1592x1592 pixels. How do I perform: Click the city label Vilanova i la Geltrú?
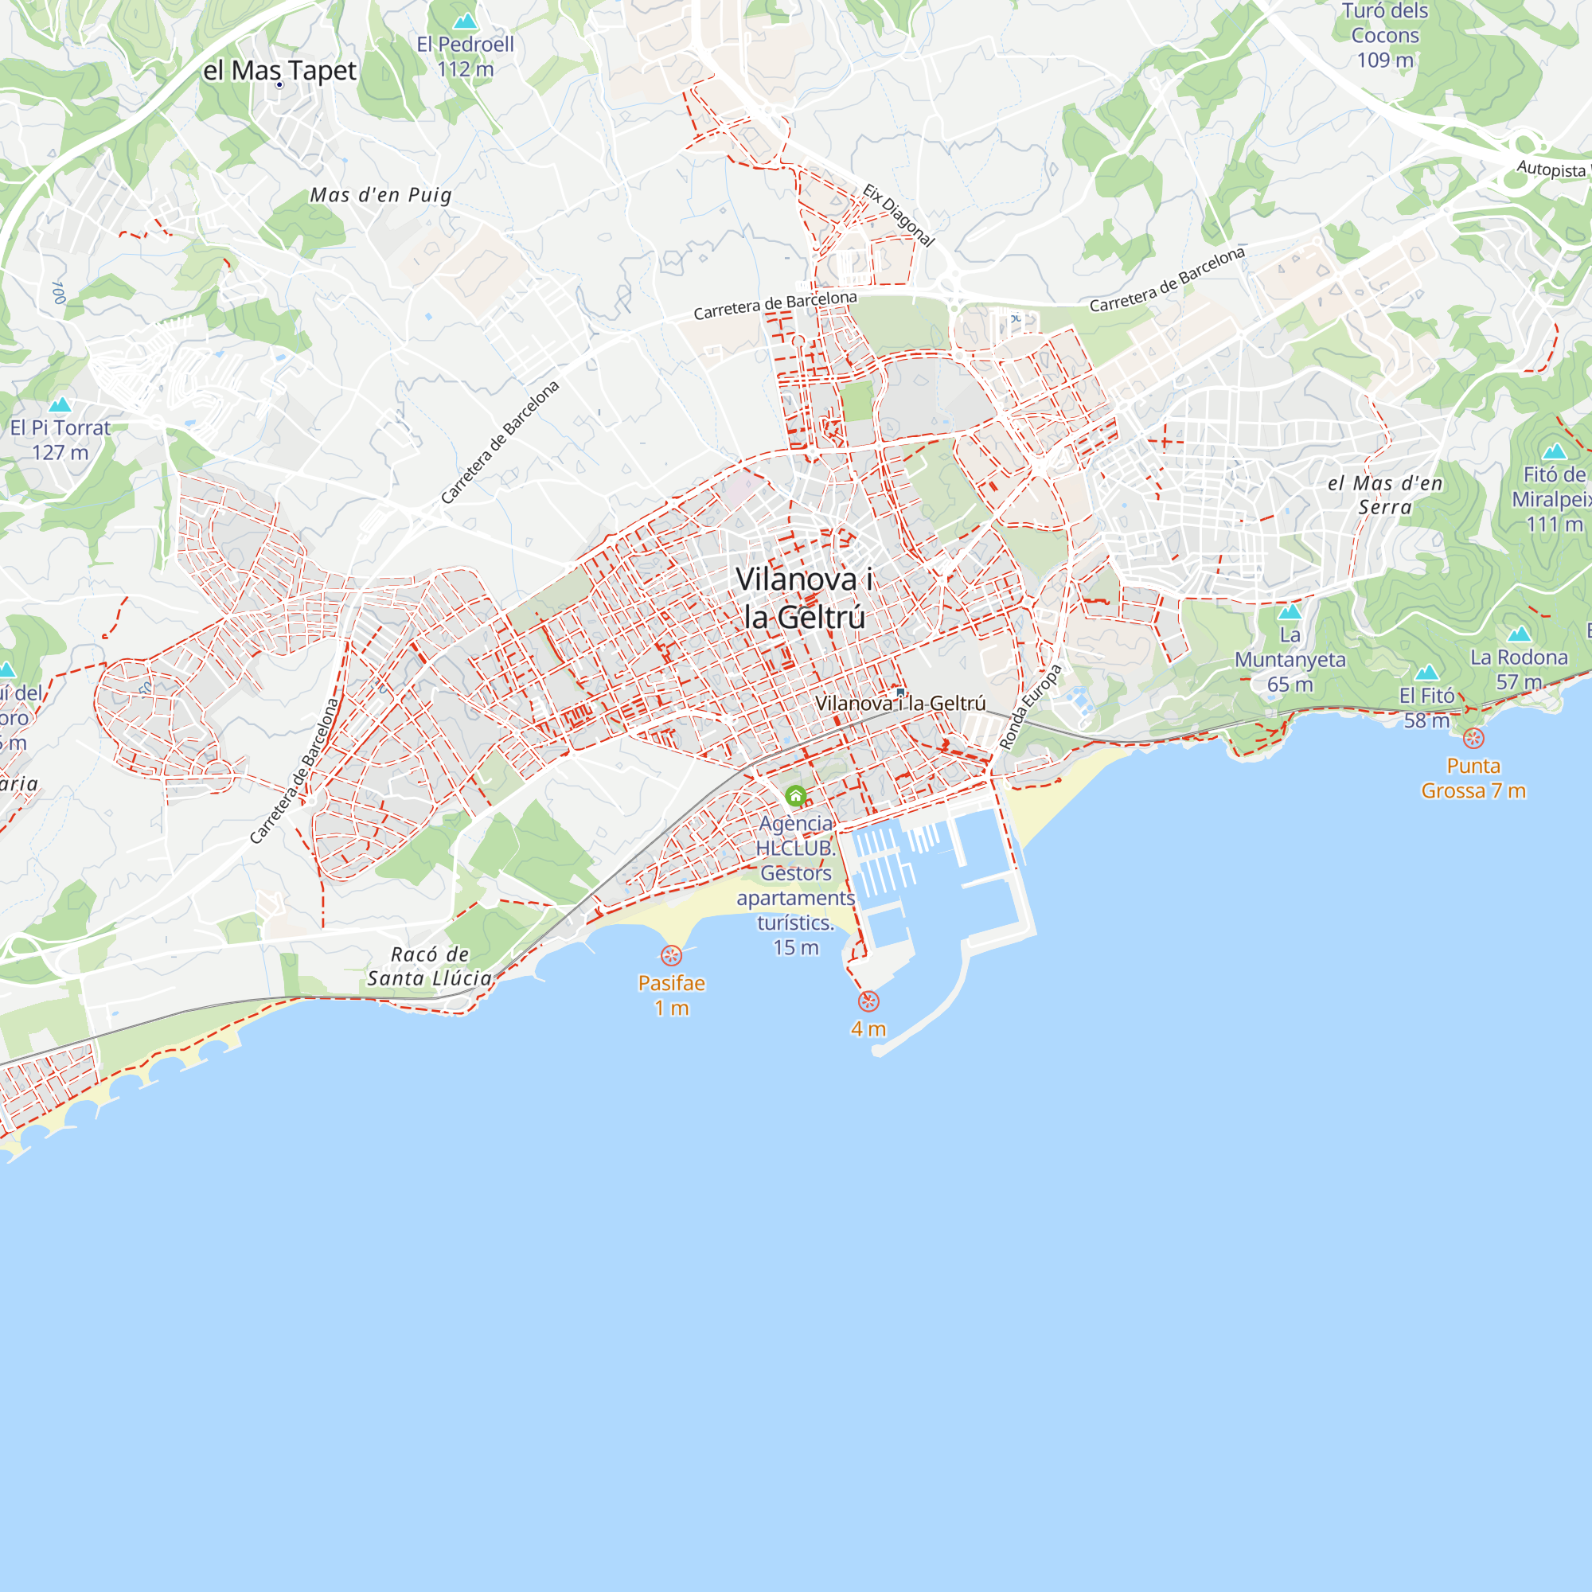803,598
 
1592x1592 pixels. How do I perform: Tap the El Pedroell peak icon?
466,21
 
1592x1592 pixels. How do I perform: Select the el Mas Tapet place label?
279,71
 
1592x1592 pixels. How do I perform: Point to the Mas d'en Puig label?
380,195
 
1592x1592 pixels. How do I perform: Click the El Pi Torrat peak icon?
60,404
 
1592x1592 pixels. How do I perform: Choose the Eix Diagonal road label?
899,215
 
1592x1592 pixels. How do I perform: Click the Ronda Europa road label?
1030,707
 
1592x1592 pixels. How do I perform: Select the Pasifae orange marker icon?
672,955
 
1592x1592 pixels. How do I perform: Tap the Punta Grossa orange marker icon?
1473,739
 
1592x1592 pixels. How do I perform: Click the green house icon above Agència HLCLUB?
795,795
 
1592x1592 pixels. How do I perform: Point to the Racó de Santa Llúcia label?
429,966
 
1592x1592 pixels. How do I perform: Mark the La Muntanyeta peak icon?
1290,611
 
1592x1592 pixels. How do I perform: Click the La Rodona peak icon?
1519,634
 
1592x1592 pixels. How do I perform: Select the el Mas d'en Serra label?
1384,494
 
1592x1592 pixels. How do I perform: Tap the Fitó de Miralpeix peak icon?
1554,451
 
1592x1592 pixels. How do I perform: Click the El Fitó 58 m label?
1426,708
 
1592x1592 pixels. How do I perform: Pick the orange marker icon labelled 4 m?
868,1001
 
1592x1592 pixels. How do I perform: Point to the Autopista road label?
1551,169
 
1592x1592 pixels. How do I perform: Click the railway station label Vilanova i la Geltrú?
899,703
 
